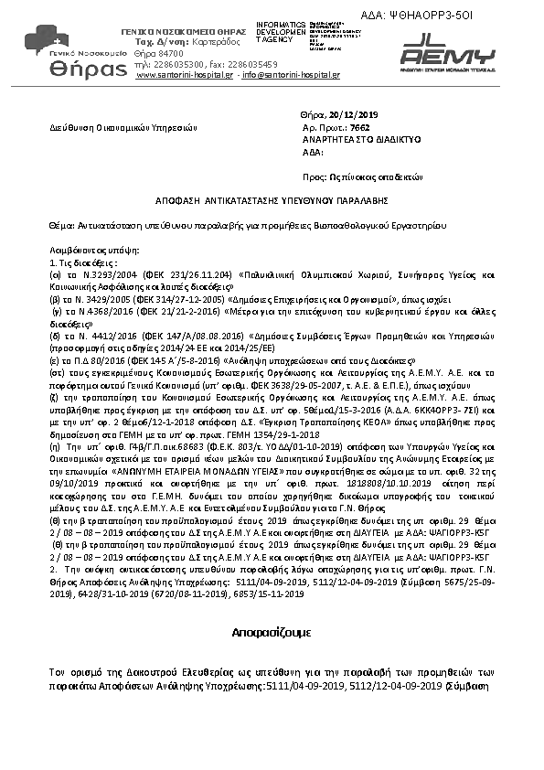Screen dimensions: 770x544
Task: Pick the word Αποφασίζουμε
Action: point(272,632)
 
